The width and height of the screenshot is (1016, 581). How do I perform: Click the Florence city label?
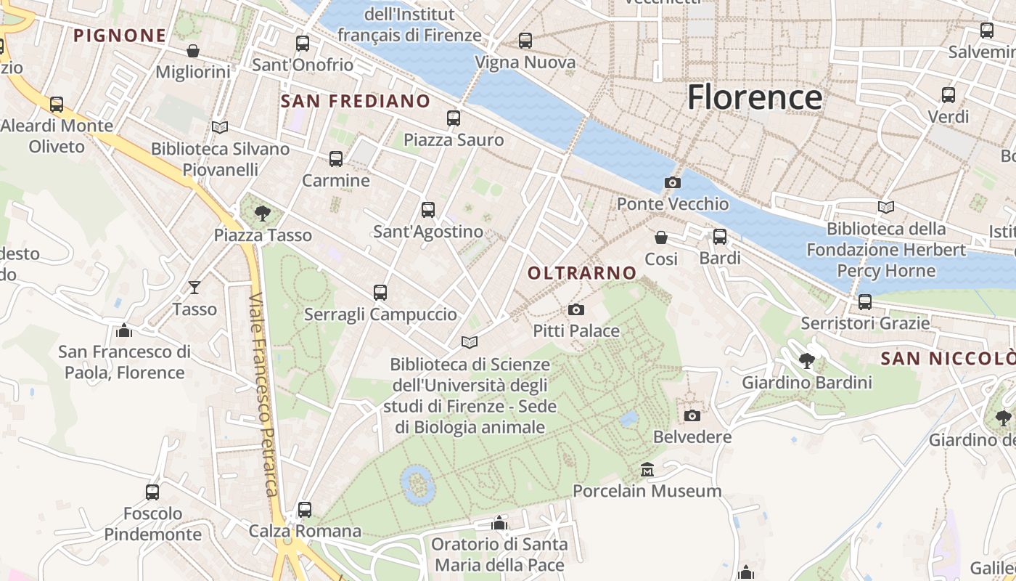point(755,97)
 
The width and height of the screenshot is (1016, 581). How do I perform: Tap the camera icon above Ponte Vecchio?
point(673,182)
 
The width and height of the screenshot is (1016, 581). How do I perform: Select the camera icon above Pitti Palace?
point(576,310)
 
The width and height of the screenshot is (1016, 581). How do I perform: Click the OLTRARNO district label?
point(582,273)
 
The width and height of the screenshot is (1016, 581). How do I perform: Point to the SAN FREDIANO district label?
point(356,101)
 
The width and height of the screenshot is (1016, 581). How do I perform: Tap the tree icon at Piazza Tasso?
point(263,213)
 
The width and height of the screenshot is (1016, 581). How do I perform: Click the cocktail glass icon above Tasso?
point(194,288)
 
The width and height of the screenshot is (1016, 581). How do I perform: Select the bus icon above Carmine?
point(335,159)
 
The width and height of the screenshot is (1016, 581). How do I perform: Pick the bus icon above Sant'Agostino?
point(428,210)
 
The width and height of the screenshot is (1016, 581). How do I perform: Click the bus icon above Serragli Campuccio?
point(380,293)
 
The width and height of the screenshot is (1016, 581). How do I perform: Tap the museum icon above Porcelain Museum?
point(647,470)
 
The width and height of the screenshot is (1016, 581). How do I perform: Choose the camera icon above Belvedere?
point(692,415)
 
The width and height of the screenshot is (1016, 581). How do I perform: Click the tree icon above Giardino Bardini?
point(806,361)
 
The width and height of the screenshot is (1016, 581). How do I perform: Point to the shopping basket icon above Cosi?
point(661,237)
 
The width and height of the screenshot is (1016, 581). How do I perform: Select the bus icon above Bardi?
point(720,237)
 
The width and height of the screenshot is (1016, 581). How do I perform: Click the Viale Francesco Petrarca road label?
point(263,396)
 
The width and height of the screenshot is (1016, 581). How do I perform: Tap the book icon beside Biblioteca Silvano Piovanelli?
point(220,127)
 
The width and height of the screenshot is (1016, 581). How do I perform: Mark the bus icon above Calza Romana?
point(305,510)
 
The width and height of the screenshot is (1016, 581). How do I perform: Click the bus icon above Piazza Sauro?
point(454,118)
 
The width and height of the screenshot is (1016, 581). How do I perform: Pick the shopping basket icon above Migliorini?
point(193,51)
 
